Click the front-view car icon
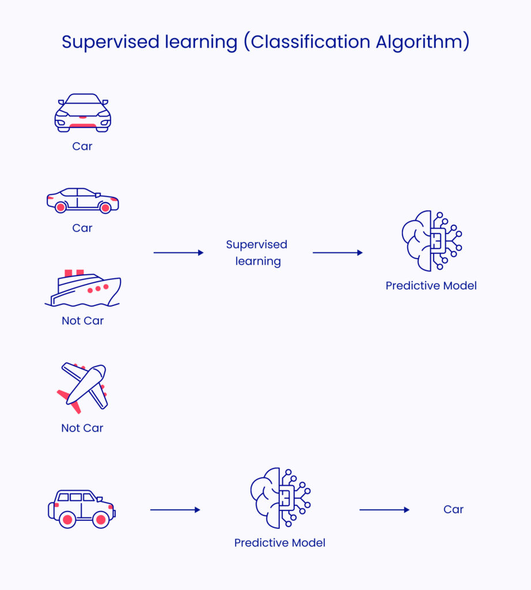click(x=82, y=113)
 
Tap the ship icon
click(x=82, y=289)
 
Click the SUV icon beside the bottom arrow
click(x=81, y=509)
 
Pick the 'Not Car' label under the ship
click(x=82, y=321)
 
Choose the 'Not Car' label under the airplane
click(x=82, y=428)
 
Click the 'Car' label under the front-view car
click(x=82, y=146)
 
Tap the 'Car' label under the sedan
click(x=82, y=228)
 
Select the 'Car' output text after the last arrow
click(x=453, y=509)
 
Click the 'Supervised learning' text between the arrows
click(x=257, y=253)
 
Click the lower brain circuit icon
click(x=280, y=498)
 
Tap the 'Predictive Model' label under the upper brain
click(x=431, y=286)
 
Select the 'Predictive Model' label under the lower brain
click(x=280, y=543)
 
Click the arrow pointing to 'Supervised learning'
click(x=179, y=253)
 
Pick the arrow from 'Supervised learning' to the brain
click(x=337, y=253)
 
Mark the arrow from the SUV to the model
click(x=175, y=510)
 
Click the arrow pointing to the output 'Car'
click(x=384, y=510)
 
